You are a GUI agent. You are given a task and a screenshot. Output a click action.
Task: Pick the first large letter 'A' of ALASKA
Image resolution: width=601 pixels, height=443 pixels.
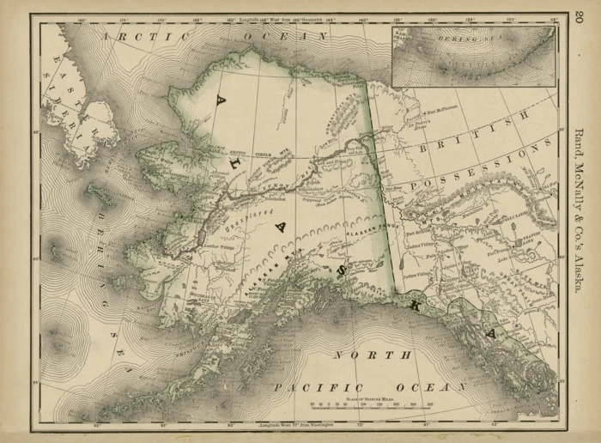point(221,104)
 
